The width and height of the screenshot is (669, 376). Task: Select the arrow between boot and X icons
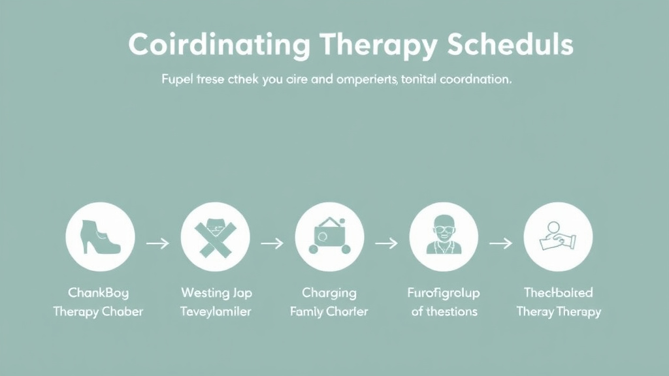coord(157,243)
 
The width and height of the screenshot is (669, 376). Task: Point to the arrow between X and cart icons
coord(272,243)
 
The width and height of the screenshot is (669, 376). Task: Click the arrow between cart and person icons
coord(386,243)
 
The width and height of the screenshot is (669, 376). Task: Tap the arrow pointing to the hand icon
coord(500,243)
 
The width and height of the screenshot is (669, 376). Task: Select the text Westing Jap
coord(216,292)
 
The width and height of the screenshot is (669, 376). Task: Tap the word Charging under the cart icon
coord(329,292)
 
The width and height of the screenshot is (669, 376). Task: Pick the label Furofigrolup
coord(444,292)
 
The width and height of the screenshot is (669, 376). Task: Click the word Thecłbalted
coord(559,292)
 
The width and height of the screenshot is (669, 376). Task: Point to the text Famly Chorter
coord(329,311)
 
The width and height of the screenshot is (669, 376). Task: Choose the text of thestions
coord(444,311)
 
